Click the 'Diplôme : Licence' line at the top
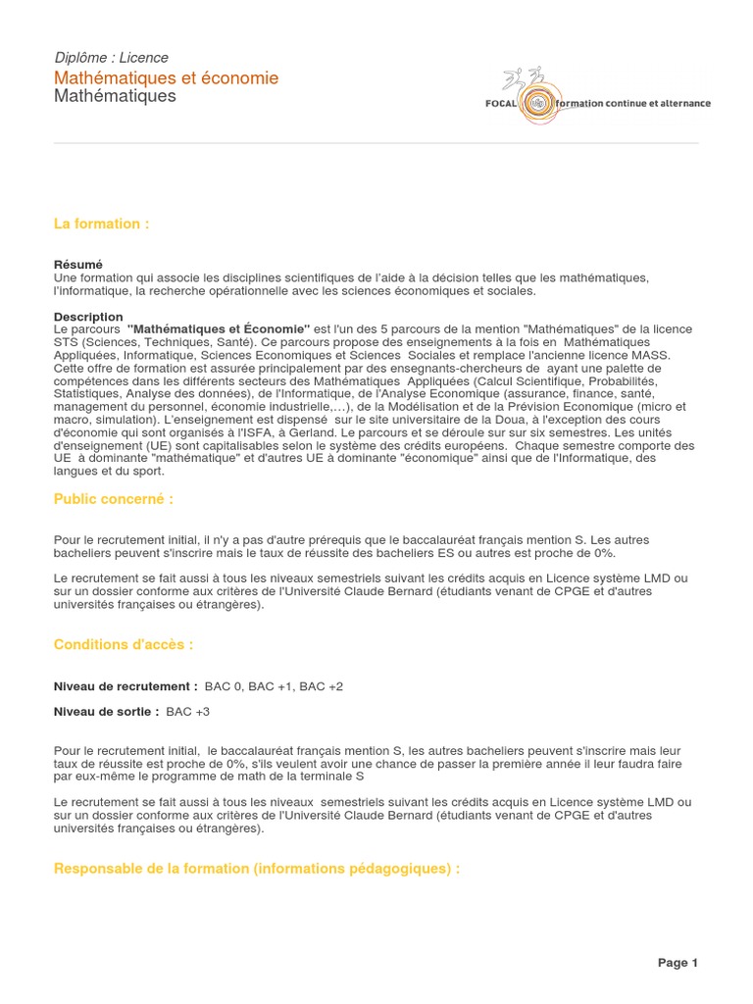[111, 58]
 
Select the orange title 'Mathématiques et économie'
[166, 77]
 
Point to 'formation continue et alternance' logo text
[632, 103]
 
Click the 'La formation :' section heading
[102, 224]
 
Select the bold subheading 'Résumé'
[78, 265]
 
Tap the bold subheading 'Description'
[88, 317]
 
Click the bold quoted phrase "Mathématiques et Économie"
[219, 328]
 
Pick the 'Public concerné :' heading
[114, 499]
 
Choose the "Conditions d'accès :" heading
[124, 644]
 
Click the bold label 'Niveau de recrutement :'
[125, 686]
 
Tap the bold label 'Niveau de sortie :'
[106, 711]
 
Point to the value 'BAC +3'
[188, 711]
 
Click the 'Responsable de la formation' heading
[257, 869]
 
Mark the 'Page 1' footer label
[678, 963]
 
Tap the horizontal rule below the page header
[376, 143]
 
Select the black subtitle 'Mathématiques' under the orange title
[115, 96]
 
